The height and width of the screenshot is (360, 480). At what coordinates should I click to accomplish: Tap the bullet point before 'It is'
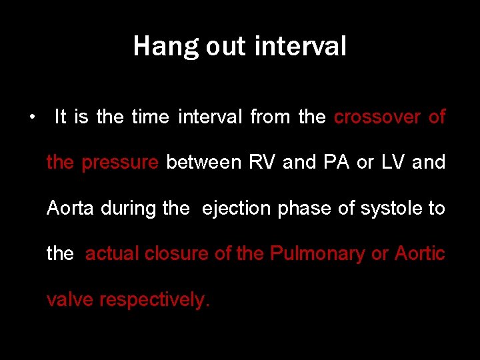(32, 118)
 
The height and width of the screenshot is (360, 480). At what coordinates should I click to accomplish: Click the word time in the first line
(150, 117)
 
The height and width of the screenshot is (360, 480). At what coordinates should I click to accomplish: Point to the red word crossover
(377, 117)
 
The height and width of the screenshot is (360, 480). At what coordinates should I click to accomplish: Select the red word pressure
(120, 163)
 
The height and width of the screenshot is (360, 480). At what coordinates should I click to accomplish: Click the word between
(203, 163)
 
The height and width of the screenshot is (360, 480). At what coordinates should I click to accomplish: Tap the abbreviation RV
(261, 163)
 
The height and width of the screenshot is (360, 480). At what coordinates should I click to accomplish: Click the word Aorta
(71, 208)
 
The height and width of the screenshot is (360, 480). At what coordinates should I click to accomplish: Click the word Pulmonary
(318, 254)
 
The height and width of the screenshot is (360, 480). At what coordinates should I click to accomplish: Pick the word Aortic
(420, 253)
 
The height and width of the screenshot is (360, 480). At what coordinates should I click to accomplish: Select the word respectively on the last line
(154, 300)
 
